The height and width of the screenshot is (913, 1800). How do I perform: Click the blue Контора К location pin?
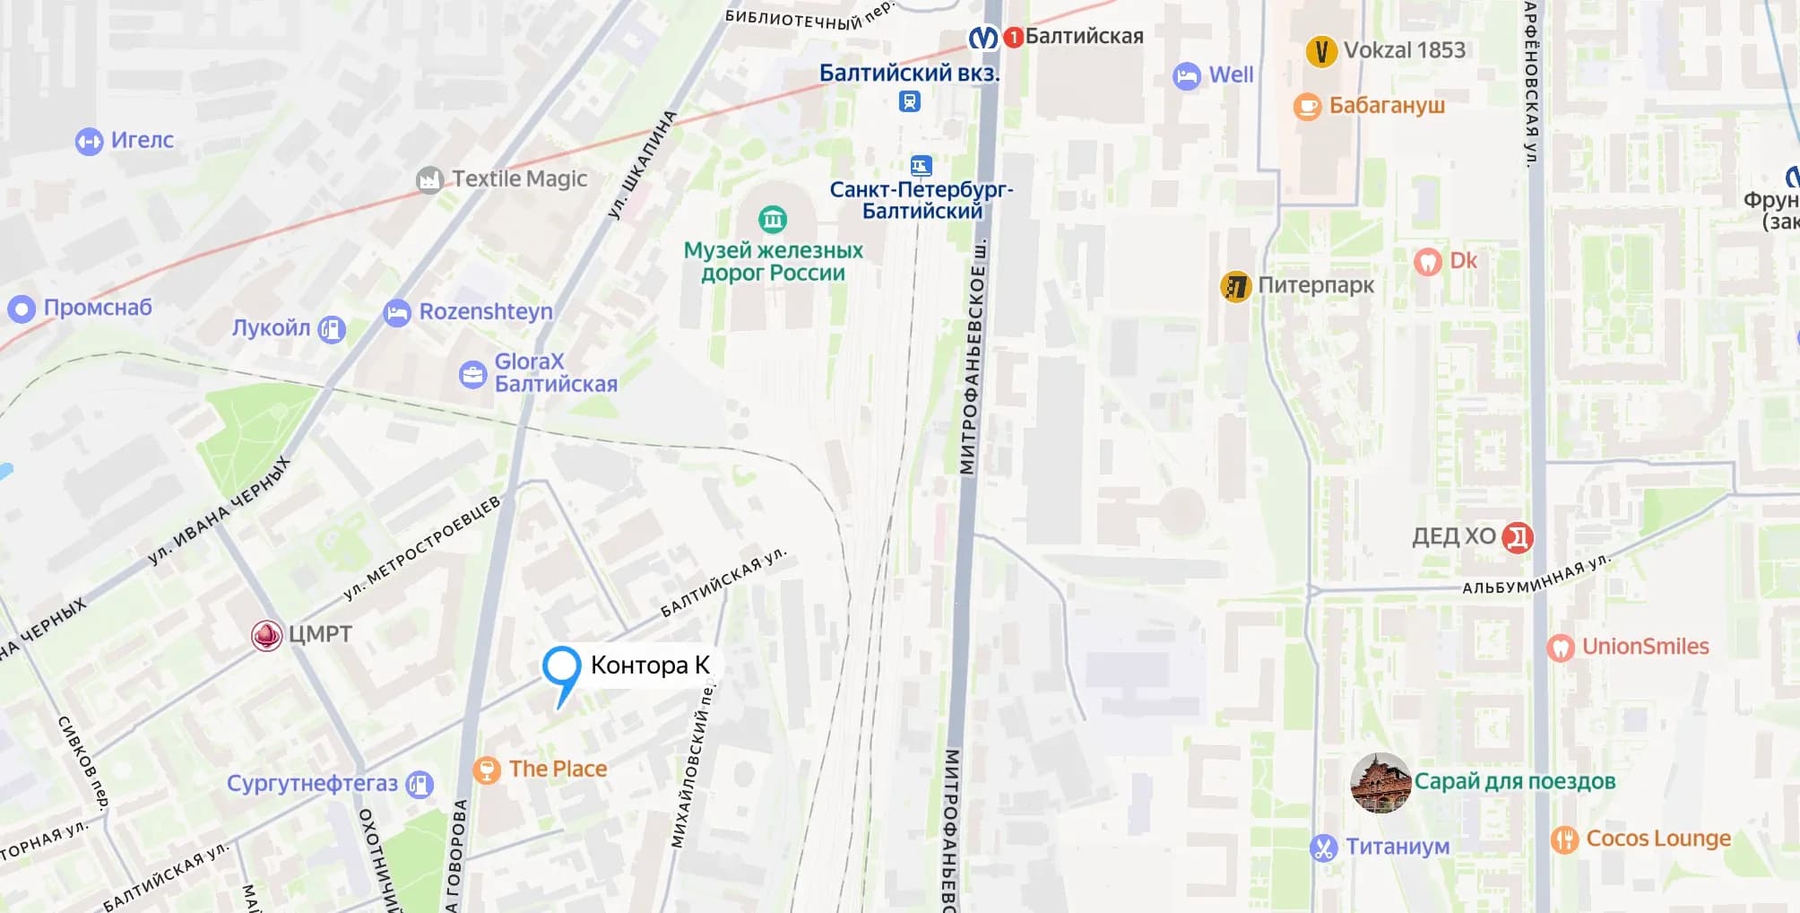561,668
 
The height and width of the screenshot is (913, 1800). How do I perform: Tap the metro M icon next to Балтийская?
983,38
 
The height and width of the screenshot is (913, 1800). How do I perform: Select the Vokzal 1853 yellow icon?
1320,51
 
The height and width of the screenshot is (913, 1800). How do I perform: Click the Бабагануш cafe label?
1386,106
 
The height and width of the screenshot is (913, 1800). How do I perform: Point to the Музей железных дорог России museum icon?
772,218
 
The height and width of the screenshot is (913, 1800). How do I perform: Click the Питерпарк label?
1315,285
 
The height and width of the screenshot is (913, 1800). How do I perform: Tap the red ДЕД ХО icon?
1517,537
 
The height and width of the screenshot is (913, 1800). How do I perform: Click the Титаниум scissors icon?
1323,848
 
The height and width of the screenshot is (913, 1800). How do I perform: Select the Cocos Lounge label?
1657,839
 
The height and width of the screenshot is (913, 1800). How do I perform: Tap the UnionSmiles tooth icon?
1560,648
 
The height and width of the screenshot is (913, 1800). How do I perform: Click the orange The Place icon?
486,770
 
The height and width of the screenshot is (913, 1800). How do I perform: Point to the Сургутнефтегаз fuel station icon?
420,785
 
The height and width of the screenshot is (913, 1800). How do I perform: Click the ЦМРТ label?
320,634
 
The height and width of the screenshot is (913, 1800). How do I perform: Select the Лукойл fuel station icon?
332,329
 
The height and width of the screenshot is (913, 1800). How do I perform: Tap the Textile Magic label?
519,179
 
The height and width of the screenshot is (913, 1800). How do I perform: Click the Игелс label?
142,140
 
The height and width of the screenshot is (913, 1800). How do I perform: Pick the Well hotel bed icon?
1186,76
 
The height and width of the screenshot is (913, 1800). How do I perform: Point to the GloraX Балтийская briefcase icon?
472,374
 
